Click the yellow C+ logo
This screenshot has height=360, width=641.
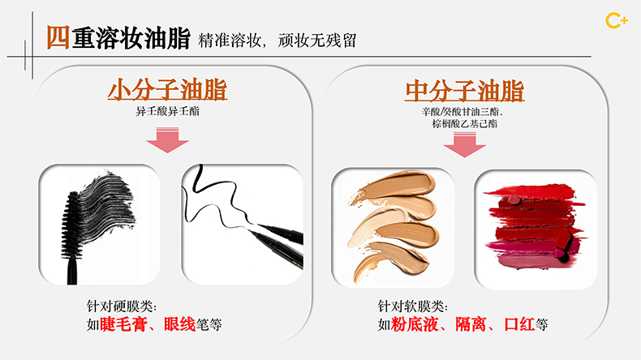(617, 21)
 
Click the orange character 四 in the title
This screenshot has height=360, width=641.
(58, 37)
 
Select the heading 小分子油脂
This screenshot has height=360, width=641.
(167, 90)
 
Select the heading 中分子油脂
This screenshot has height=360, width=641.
(464, 91)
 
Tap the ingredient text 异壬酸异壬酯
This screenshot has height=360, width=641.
(168, 111)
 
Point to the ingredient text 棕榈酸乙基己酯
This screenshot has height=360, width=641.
(464, 123)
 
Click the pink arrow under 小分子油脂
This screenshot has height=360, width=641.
(168, 140)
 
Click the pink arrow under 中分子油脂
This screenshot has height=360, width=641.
(464, 144)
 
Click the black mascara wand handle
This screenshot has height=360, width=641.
(72, 272)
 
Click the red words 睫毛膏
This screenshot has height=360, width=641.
(123, 324)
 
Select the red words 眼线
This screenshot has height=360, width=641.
(180, 324)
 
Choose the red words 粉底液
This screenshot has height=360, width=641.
(415, 324)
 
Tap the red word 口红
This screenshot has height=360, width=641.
(519, 324)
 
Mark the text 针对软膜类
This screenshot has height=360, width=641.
(412, 306)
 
